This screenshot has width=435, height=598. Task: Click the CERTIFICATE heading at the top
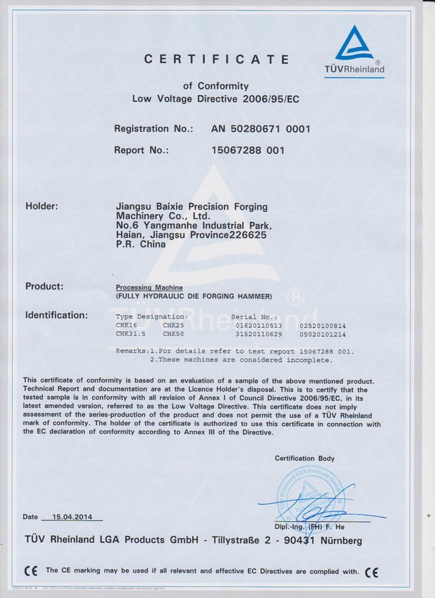(x=217, y=59)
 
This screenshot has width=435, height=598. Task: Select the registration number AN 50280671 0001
(x=261, y=129)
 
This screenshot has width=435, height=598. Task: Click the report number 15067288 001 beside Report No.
(x=248, y=151)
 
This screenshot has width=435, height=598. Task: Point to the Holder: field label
(x=41, y=206)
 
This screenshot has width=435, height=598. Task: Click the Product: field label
(x=44, y=286)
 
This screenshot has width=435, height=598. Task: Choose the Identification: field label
(x=57, y=315)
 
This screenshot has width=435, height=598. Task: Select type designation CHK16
(x=127, y=326)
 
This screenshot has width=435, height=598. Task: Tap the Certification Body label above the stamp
(x=304, y=458)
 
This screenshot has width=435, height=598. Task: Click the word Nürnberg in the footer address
(x=337, y=541)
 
